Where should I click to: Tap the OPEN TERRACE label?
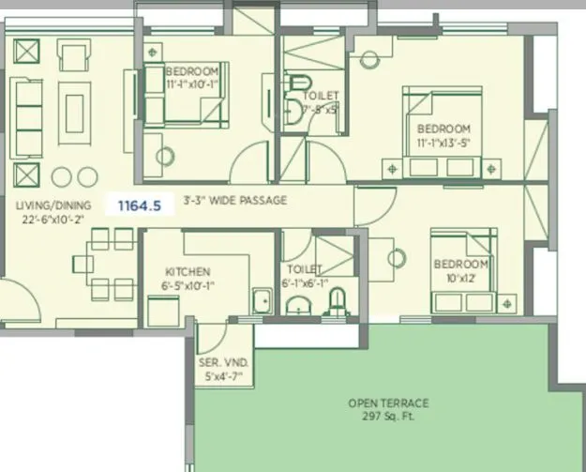click(388, 403)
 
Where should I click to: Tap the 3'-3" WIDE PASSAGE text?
click(234, 201)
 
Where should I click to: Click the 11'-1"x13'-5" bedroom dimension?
click(443, 143)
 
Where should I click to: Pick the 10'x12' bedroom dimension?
click(461, 279)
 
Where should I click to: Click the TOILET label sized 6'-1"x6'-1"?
click(305, 268)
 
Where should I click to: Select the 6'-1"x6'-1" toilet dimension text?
click(305, 282)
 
